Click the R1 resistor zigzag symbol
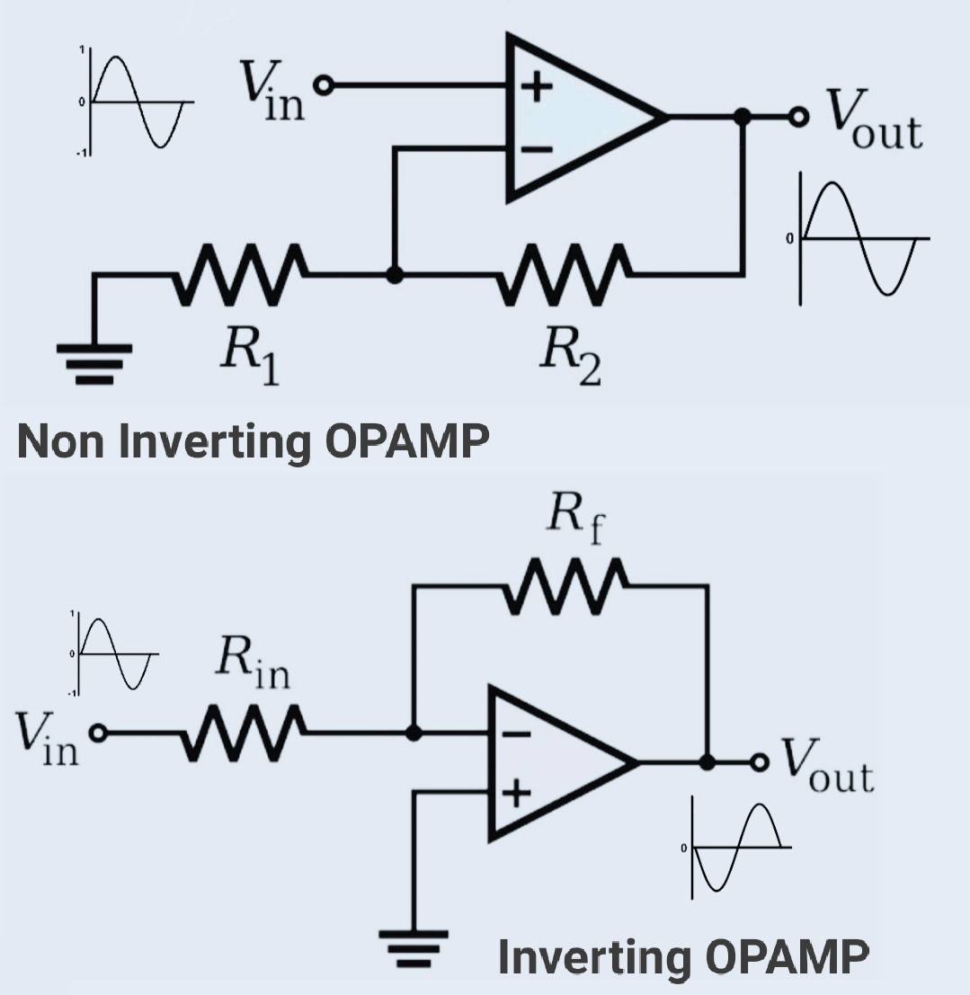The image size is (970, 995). [x=241, y=271]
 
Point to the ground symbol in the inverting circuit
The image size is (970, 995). [x=414, y=946]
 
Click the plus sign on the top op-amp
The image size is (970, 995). [x=538, y=88]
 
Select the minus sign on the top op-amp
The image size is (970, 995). [x=538, y=150]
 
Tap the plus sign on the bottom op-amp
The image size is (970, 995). [x=518, y=794]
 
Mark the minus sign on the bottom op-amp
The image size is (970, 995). [x=518, y=734]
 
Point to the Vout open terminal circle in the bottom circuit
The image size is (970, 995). [x=761, y=762]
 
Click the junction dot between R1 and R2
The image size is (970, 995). [x=393, y=272]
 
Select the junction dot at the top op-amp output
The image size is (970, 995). [x=742, y=117]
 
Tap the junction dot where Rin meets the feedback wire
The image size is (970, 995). [x=413, y=733]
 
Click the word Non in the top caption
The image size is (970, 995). [x=61, y=441]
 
